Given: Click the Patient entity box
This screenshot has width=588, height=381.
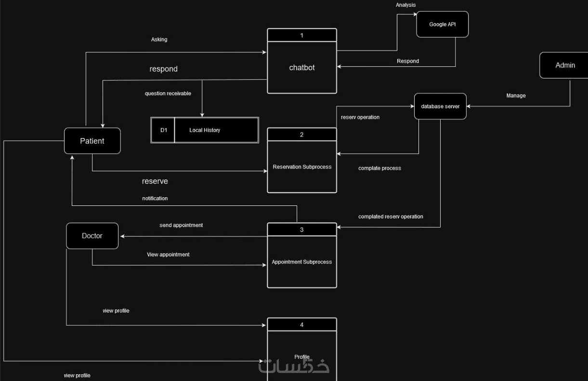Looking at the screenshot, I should click(x=92, y=141).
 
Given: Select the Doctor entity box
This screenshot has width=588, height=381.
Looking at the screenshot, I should click(x=92, y=236).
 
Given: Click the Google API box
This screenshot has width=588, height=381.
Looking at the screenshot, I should click(x=442, y=24).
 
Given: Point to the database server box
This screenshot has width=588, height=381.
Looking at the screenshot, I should click(x=440, y=106).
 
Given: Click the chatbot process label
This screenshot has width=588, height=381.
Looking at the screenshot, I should click(x=302, y=68).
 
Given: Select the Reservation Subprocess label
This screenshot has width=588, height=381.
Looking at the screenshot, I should click(x=302, y=167).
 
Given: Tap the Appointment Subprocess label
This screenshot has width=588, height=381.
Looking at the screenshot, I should click(x=302, y=262).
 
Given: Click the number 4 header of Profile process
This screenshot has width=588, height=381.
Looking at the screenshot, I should click(x=302, y=325).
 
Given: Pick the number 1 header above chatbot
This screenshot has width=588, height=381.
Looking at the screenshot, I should click(x=302, y=35).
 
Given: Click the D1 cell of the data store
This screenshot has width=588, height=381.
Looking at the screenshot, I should click(x=163, y=130).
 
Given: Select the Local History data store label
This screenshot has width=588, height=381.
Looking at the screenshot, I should click(x=205, y=130).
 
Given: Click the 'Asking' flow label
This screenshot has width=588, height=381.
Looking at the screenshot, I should click(x=159, y=39).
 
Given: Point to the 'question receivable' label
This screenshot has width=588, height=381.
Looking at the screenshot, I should click(x=168, y=93).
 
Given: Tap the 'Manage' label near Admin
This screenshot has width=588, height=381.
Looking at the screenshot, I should click(x=516, y=96).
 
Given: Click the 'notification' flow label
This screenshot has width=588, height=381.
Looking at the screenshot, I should click(x=155, y=198).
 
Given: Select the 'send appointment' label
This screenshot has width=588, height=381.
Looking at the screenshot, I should click(x=181, y=225).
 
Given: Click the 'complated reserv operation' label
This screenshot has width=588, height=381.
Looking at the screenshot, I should click(x=391, y=216).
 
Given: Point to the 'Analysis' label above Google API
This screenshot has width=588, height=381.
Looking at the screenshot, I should click(x=405, y=5).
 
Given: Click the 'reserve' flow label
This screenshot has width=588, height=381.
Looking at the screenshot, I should click(x=155, y=181).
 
